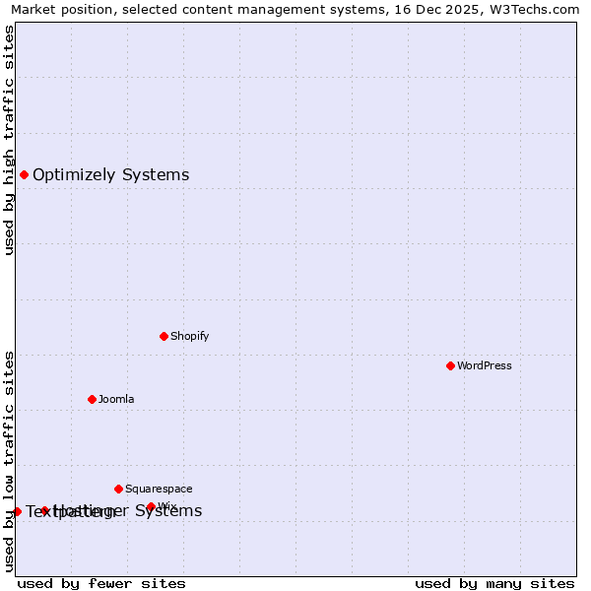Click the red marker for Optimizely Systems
pos(24,175)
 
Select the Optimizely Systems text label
pos(110,175)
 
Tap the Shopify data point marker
pos(164,336)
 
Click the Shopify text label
pos(189,336)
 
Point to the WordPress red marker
pos(450,365)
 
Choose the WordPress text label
pos(484,365)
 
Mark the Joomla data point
pos(92,399)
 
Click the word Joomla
pos(116,399)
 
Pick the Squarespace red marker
pos(118,489)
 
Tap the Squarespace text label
pos(159,489)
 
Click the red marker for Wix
pos(151,506)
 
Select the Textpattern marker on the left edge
pos(17,511)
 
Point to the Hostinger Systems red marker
pos(44,510)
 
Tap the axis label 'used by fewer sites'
pos(101,583)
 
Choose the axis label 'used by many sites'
pos(494,583)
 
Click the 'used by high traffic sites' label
pos(10,140)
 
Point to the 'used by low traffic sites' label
pos(10,461)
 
